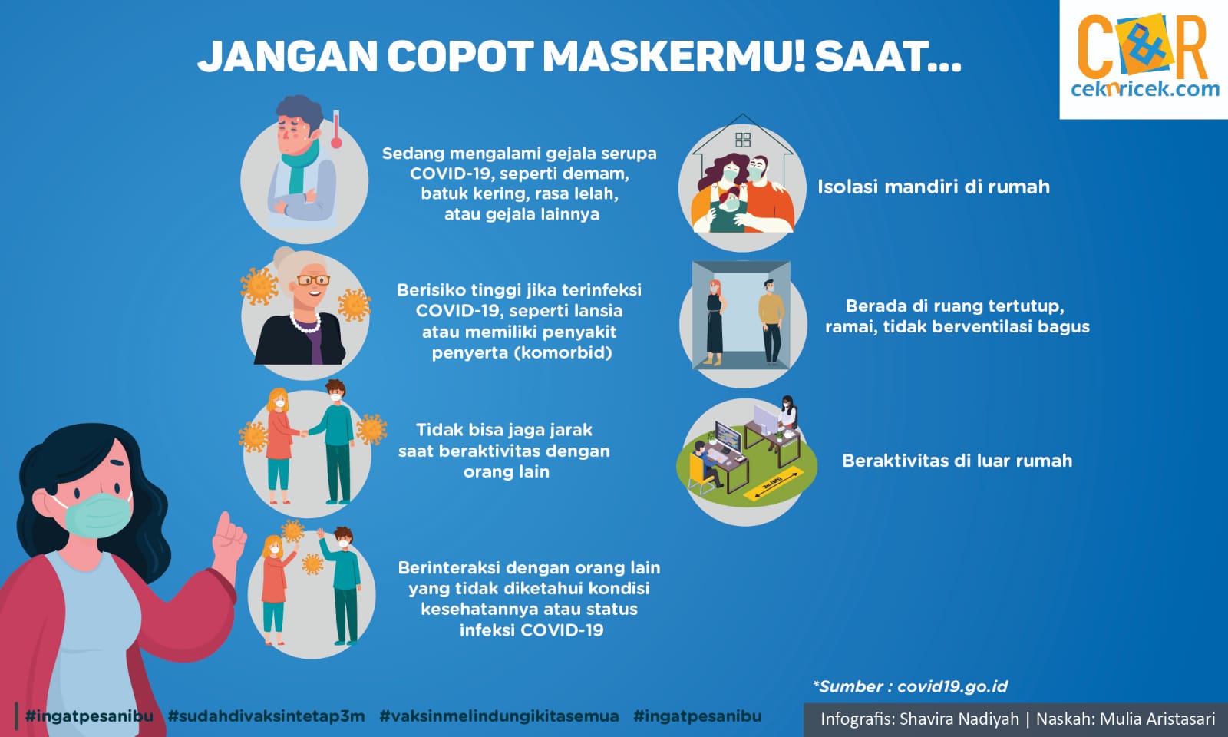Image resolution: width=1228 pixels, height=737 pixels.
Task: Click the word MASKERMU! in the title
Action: [674, 57]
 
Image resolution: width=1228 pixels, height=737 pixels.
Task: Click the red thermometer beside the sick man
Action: [336, 130]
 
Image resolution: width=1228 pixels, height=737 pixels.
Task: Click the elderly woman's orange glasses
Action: [313, 280]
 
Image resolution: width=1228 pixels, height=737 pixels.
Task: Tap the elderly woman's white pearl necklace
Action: [305, 323]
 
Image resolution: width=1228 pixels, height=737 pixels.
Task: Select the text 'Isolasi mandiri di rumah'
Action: [933, 187]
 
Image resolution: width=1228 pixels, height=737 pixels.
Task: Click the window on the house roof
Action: [743, 139]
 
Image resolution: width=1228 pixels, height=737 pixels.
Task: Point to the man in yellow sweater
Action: [771, 322]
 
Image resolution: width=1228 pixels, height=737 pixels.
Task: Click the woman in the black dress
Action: [715, 322]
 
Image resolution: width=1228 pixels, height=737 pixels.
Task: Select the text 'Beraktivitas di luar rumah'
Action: [957, 461]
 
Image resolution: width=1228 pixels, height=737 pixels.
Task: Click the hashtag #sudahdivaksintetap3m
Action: [266, 716]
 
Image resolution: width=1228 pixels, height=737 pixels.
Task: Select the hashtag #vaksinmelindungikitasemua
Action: [500, 716]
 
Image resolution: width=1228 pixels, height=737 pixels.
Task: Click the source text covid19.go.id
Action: [952, 686]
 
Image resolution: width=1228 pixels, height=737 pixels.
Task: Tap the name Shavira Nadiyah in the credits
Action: [959, 719]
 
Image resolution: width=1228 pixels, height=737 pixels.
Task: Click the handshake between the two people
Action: [303, 433]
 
